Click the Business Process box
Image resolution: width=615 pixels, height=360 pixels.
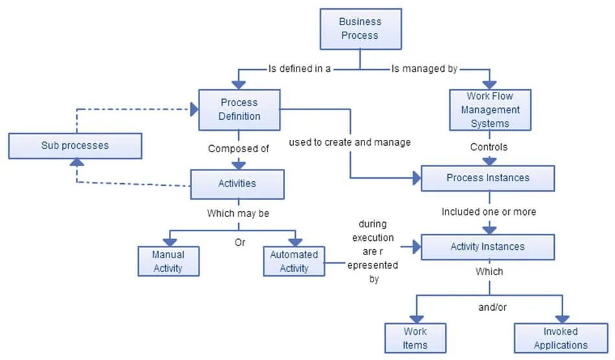[x=361, y=28]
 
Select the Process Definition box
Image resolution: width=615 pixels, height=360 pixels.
[x=239, y=109]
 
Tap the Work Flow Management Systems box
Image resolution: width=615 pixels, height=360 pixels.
[x=489, y=110]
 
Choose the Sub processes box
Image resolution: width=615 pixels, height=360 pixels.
[x=75, y=146]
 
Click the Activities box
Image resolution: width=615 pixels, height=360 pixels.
[x=237, y=184]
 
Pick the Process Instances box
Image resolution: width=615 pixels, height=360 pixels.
[x=487, y=178]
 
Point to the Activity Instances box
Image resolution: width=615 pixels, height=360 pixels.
[x=487, y=247]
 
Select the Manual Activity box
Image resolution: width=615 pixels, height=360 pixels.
[x=168, y=261]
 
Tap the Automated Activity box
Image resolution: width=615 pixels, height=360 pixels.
[x=294, y=261]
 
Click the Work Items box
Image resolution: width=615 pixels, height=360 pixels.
[x=415, y=338]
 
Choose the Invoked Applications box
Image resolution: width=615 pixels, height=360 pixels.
[x=561, y=338]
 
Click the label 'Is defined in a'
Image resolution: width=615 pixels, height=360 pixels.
[x=300, y=68]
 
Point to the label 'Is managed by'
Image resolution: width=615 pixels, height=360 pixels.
[x=424, y=68]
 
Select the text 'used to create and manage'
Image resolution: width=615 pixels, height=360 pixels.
[x=350, y=142]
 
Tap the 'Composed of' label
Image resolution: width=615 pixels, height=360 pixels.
[x=238, y=148]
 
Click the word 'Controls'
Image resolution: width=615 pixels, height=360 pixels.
[x=489, y=147]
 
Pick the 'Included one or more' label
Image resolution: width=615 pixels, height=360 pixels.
[x=489, y=212]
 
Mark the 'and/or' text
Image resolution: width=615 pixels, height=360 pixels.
[x=492, y=307]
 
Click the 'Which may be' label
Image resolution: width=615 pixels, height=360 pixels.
[x=238, y=212]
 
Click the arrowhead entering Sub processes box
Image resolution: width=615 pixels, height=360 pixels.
[x=76, y=164]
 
